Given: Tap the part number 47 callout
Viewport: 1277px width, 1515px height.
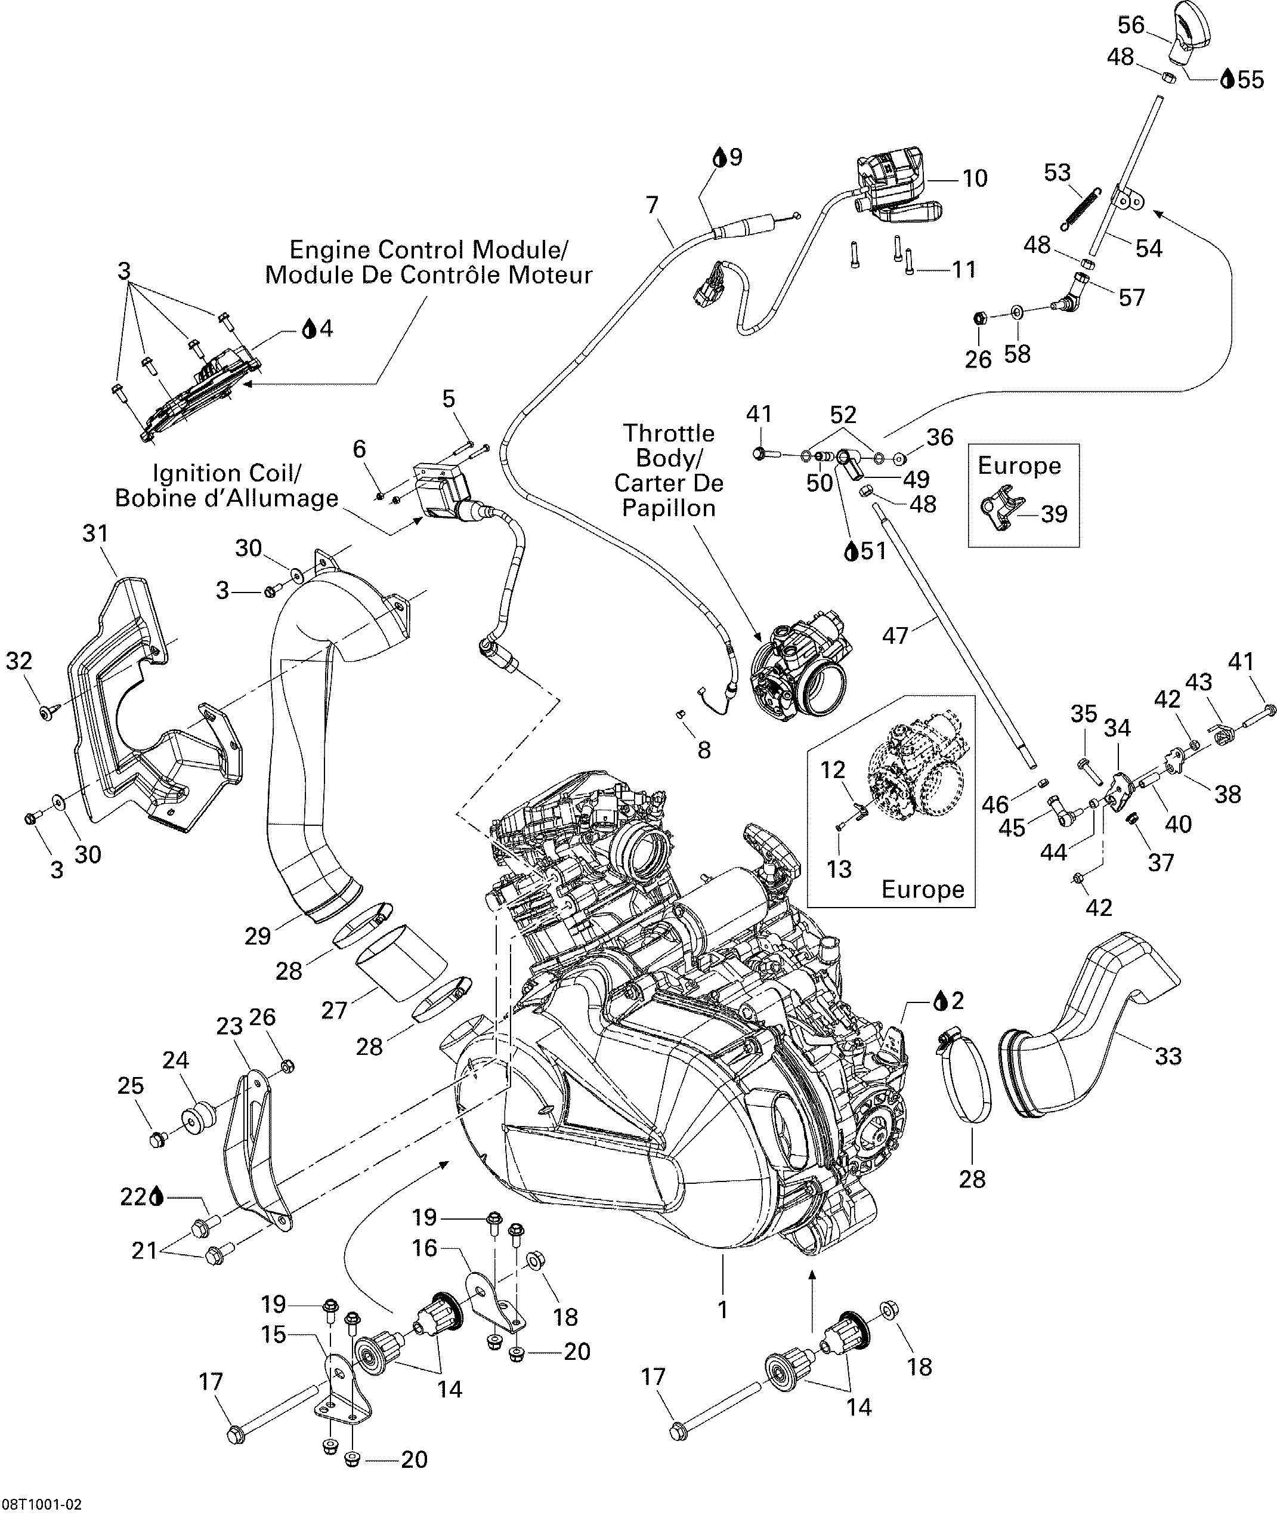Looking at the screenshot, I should (x=895, y=636).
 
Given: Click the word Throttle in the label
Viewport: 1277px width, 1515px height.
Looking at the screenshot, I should (x=668, y=433).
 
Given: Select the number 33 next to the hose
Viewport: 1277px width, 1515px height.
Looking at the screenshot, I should (x=1168, y=1056).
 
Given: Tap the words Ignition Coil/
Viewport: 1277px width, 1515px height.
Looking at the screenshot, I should (x=227, y=473).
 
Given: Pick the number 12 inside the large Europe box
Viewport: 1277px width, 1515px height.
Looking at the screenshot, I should (x=833, y=770).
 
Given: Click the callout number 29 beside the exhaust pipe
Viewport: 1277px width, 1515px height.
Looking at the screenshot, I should (x=257, y=936).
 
